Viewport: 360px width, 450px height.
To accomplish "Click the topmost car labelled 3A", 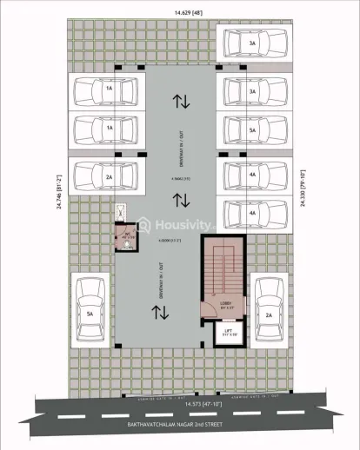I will pos(252,43).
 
